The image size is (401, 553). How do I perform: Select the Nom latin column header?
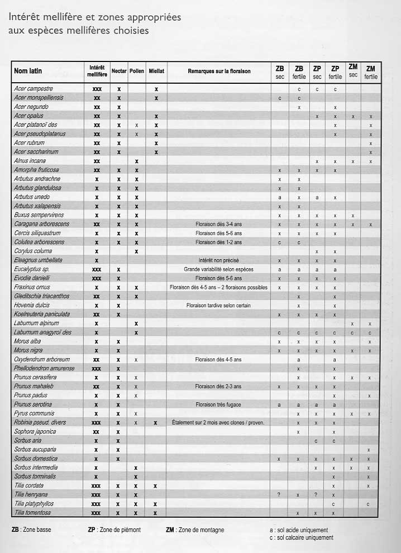(x=28, y=71)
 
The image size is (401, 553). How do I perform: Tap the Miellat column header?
(x=156, y=71)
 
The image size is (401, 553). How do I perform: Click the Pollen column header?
(x=136, y=71)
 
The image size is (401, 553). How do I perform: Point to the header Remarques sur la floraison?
(x=219, y=71)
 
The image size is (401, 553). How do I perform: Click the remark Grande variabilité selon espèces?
(x=219, y=269)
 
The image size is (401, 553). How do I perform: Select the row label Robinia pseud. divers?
(x=40, y=422)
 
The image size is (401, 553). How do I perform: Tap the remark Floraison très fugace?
(x=219, y=404)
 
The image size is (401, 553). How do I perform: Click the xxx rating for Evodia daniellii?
(x=97, y=278)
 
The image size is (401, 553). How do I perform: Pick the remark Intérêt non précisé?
(x=219, y=260)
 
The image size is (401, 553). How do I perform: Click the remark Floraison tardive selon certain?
(x=219, y=306)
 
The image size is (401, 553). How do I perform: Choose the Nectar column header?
(x=119, y=71)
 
